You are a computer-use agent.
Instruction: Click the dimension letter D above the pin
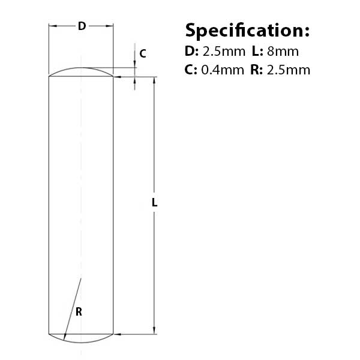point(82,26)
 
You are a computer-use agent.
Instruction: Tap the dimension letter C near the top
point(143,54)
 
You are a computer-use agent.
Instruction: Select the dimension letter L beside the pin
point(155,203)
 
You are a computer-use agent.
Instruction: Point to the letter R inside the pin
point(79,312)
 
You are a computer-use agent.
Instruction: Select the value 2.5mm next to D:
point(224,52)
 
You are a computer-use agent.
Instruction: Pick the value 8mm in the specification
point(283,52)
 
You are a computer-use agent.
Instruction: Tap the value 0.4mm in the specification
point(223,70)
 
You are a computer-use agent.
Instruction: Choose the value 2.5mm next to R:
point(289,70)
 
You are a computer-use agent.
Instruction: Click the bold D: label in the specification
point(191,52)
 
